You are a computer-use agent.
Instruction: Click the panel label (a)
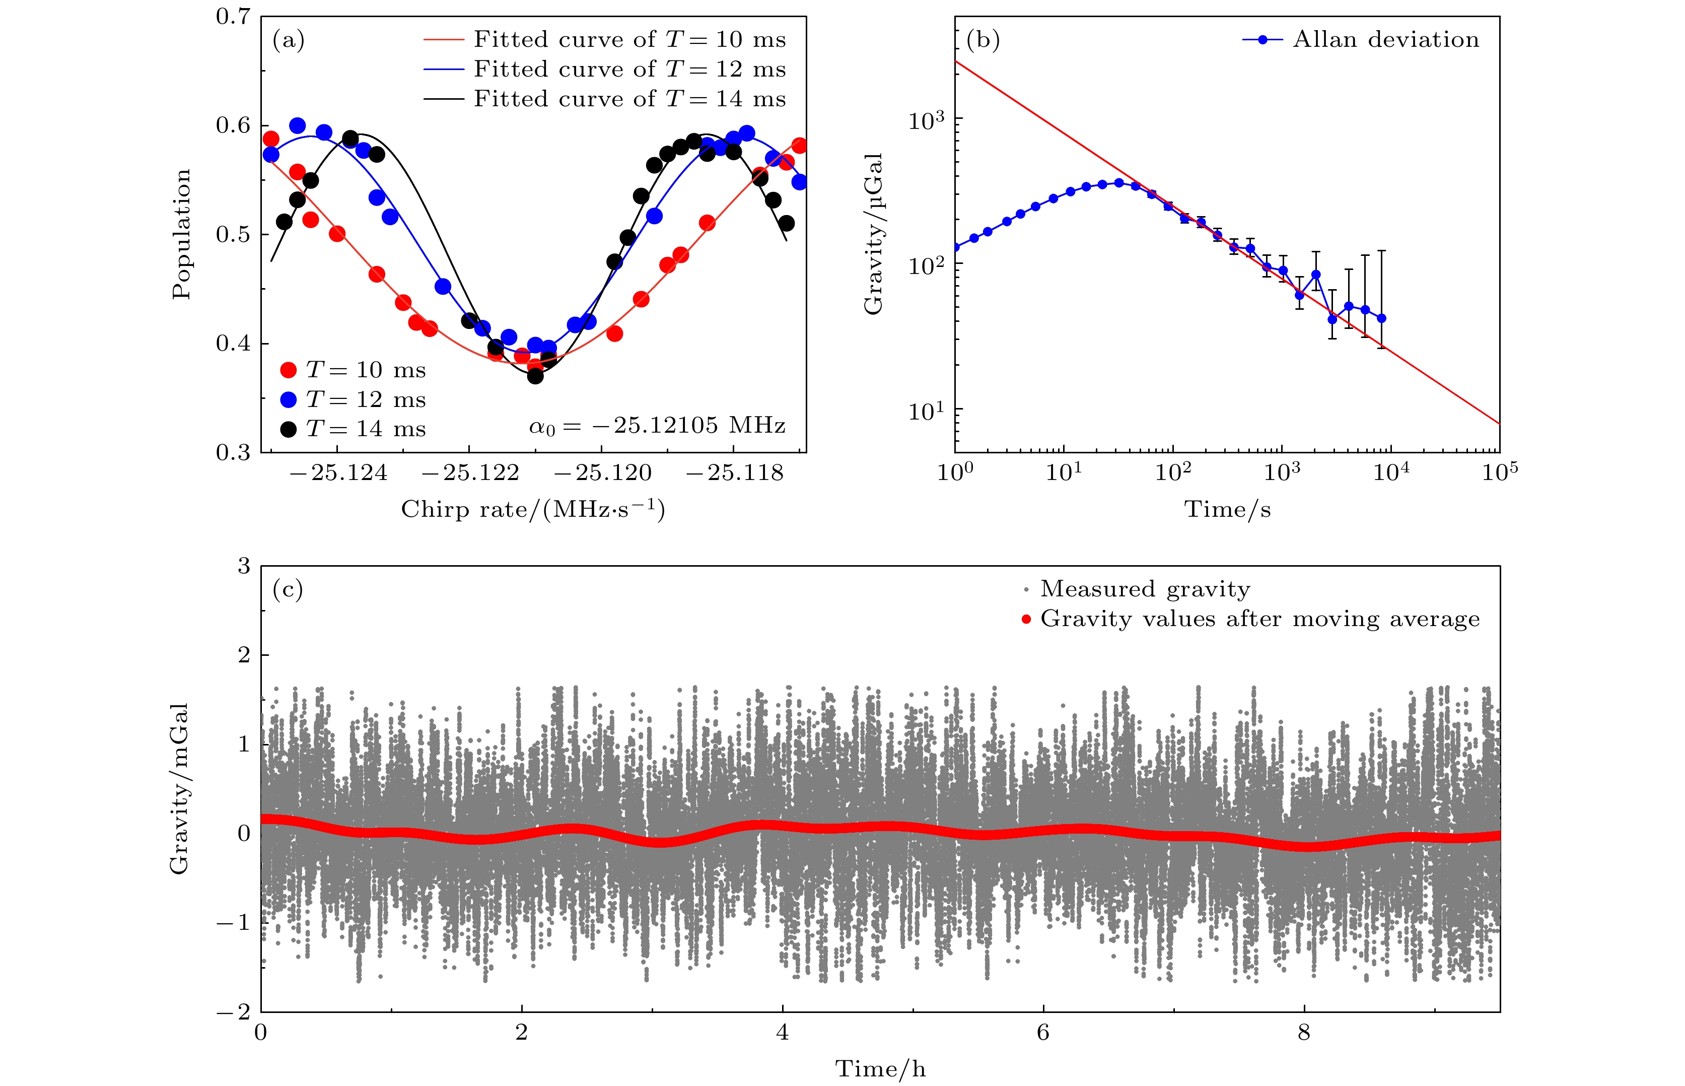click(x=289, y=41)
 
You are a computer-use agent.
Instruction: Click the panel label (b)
click(x=983, y=41)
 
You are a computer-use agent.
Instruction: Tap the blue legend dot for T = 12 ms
click(x=289, y=400)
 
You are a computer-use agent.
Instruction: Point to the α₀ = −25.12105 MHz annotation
click(x=657, y=426)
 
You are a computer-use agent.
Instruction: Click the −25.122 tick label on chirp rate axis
click(x=470, y=473)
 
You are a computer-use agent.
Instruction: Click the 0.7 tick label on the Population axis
click(x=233, y=17)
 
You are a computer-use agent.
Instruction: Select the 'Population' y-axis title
click(x=181, y=234)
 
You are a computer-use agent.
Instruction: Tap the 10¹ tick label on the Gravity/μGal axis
click(x=926, y=411)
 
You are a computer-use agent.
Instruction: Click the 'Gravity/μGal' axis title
click(x=874, y=234)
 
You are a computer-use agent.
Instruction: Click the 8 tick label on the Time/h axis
click(x=1304, y=1033)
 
